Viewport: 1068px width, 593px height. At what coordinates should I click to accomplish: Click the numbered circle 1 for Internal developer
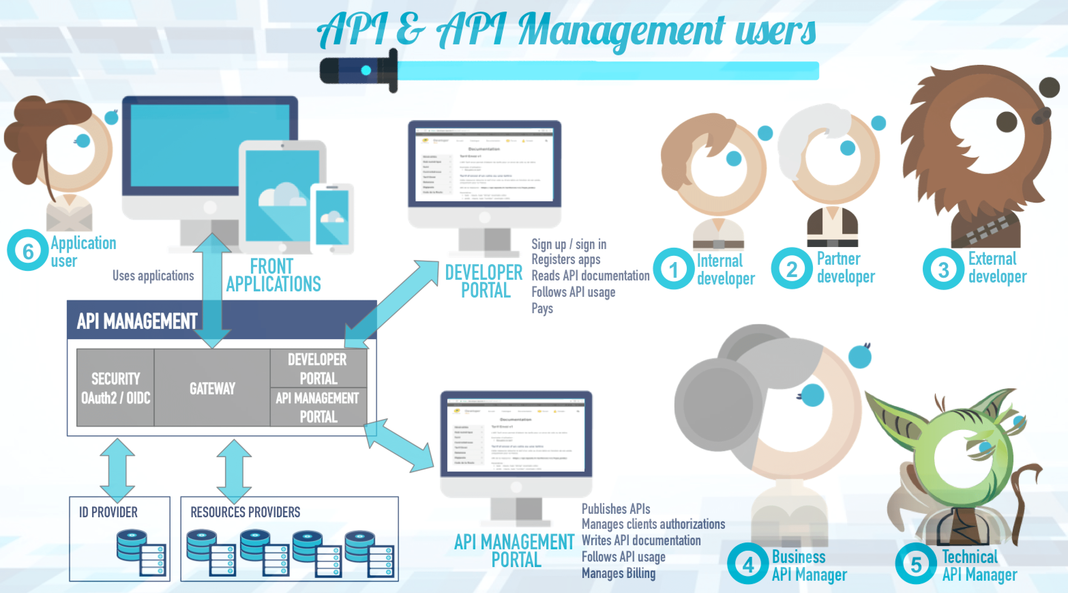(673, 269)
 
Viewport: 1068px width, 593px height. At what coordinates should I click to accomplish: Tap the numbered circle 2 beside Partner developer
(791, 269)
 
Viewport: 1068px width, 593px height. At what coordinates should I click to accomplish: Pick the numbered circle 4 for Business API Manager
(747, 564)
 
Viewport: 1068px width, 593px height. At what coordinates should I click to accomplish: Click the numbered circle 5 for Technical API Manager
(916, 564)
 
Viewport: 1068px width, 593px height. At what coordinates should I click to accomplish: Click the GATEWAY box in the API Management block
(212, 388)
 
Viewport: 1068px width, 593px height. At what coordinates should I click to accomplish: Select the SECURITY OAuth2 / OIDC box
(115, 388)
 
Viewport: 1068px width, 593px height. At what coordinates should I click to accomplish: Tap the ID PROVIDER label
(108, 512)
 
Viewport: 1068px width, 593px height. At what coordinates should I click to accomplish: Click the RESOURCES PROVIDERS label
(245, 512)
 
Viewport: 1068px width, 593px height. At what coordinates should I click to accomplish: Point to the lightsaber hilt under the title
(359, 71)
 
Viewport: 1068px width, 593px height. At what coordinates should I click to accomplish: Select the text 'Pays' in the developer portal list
(542, 308)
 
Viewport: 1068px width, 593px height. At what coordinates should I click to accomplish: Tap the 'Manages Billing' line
(618, 573)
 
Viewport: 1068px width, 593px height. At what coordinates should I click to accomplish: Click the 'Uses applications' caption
(153, 276)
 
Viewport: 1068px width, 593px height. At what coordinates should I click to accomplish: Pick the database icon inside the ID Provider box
(140, 552)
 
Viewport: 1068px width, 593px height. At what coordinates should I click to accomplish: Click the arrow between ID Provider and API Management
(117, 470)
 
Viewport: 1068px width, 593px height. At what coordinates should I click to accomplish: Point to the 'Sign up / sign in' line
(569, 244)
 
